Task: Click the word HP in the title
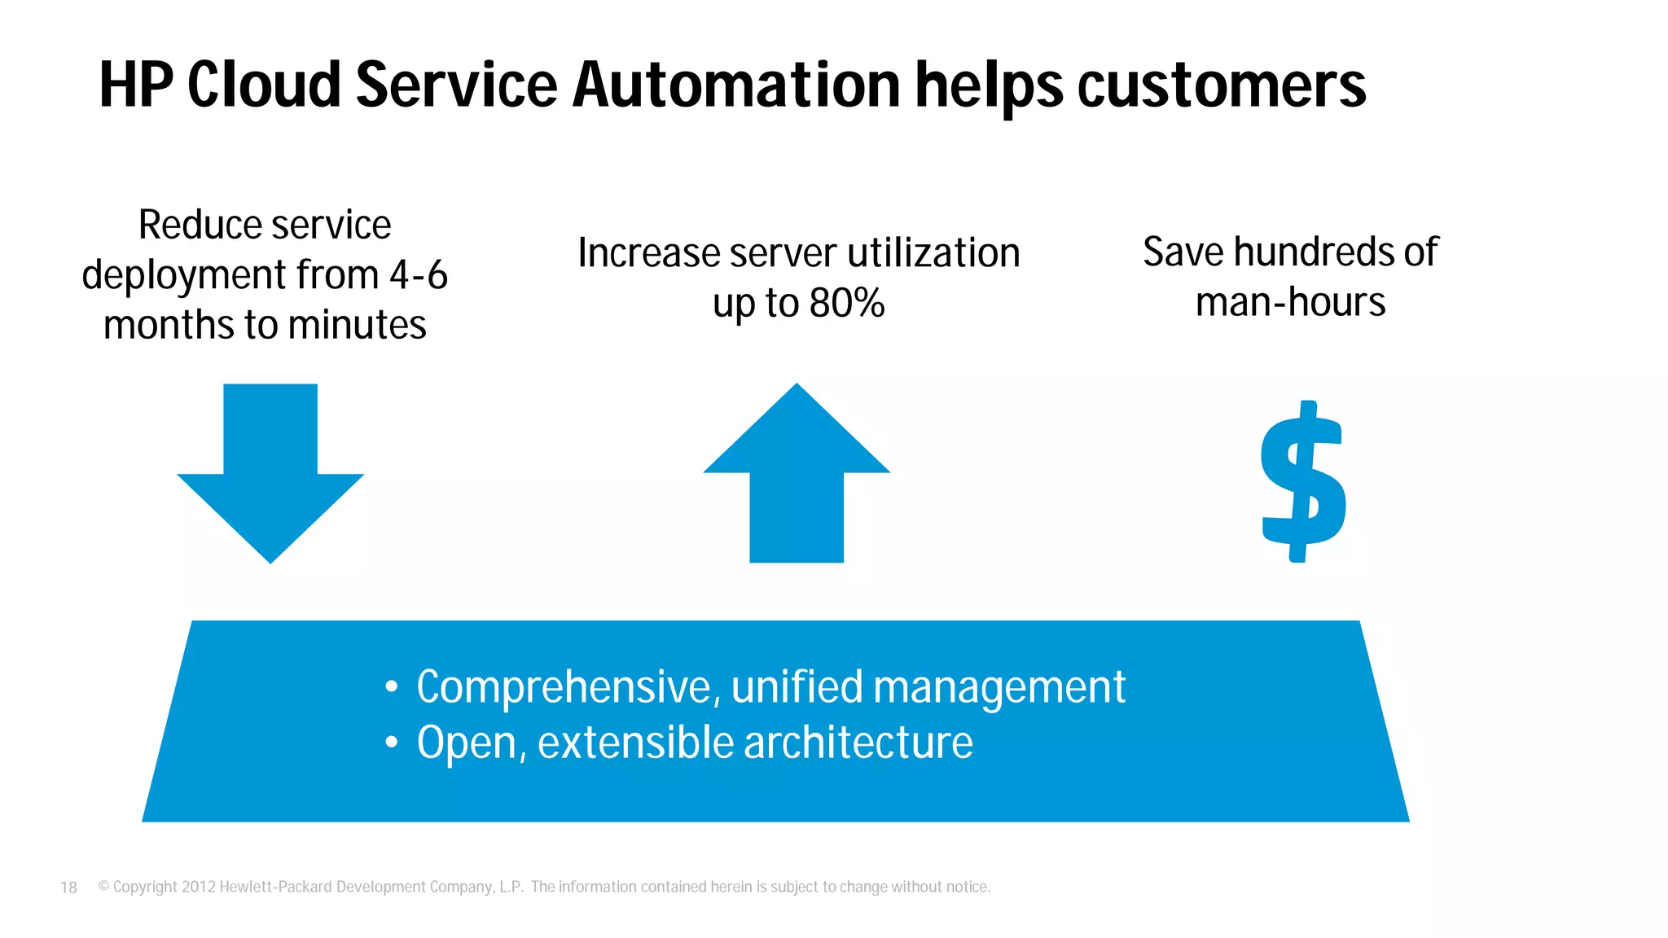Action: pyautogui.click(x=136, y=85)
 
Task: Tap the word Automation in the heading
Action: pyautogui.click(x=736, y=85)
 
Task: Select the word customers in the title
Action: pyautogui.click(x=1222, y=85)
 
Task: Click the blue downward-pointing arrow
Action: pyautogui.click(x=270, y=472)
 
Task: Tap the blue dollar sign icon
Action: pyautogui.click(x=1302, y=482)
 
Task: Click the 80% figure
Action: pyautogui.click(x=847, y=304)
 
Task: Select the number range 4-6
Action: pyautogui.click(x=419, y=275)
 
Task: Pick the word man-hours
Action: pyautogui.click(x=1290, y=302)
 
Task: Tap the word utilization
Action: pyautogui.click(x=933, y=253)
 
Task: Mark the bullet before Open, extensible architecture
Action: pyautogui.click(x=392, y=743)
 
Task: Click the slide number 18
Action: pyautogui.click(x=68, y=888)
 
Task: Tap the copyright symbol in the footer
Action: pyautogui.click(x=103, y=886)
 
